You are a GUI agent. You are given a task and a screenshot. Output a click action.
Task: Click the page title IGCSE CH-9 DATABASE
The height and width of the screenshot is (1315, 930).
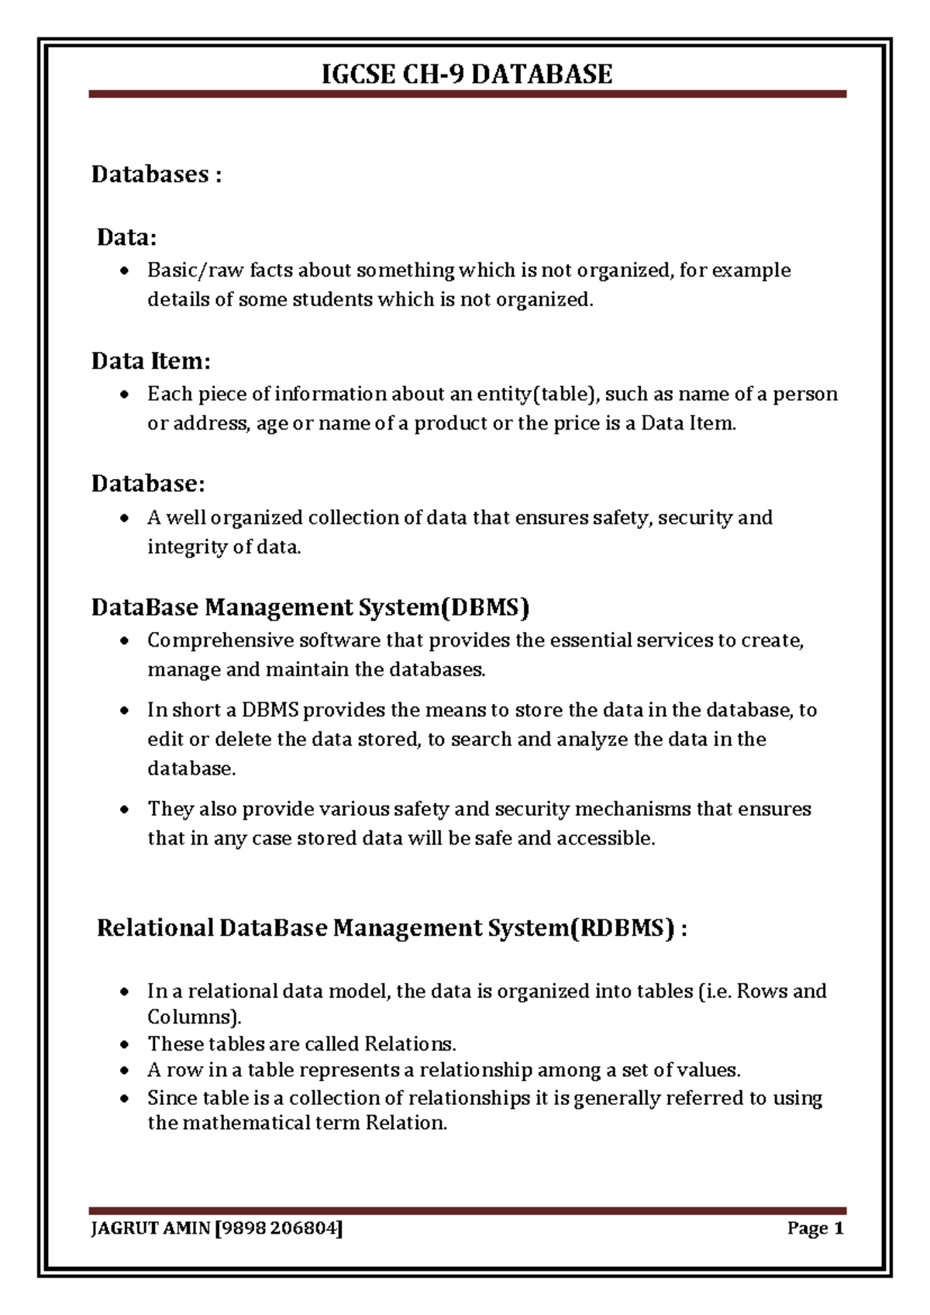pos(467,74)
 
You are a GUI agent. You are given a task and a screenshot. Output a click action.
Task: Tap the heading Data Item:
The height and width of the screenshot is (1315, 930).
pos(151,361)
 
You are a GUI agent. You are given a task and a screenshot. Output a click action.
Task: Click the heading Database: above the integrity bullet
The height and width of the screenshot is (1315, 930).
pos(148,484)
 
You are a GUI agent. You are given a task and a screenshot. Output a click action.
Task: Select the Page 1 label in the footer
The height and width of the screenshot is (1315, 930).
pos(815,1228)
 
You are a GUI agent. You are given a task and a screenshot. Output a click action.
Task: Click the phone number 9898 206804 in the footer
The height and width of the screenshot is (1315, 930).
pos(281,1228)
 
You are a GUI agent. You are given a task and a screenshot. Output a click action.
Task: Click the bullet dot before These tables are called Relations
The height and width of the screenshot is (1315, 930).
pos(124,1044)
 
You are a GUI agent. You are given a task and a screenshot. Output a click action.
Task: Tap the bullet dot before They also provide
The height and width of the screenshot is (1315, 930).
pos(124,809)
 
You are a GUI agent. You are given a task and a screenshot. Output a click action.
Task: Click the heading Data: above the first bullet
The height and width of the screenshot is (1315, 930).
pos(126,237)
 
